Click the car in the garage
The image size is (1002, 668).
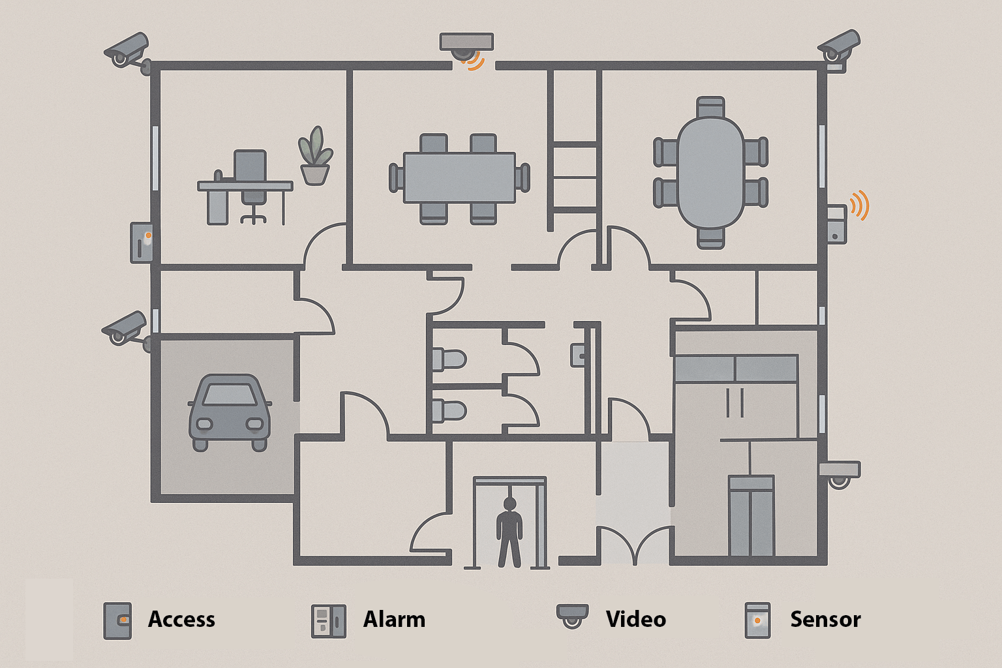[230, 413]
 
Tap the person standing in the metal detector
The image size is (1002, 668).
[509, 532]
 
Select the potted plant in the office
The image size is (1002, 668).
[315, 157]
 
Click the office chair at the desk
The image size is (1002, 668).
[250, 183]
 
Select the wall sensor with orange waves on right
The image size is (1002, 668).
[837, 224]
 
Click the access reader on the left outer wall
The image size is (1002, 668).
[142, 243]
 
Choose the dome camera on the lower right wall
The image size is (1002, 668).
[840, 474]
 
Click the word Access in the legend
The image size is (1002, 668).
[181, 619]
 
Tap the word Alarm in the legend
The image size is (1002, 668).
[394, 619]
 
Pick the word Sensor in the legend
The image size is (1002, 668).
[825, 619]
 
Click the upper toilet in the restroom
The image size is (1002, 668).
[449, 359]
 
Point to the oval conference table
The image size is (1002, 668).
[710, 173]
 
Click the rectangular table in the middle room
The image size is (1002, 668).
[459, 177]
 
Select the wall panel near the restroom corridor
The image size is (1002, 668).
[579, 355]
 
